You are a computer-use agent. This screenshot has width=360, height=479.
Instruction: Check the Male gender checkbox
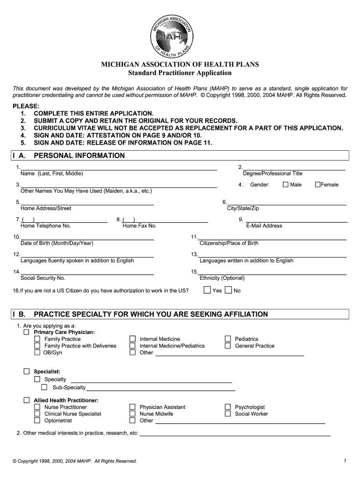click(x=286, y=185)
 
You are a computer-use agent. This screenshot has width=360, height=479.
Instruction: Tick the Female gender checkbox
click(x=317, y=185)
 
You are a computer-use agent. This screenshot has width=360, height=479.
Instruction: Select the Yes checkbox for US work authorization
click(x=207, y=290)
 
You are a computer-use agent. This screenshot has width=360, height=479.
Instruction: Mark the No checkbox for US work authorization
click(x=228, y=290)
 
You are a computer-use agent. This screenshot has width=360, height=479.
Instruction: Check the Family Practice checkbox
click(x=37, y=339)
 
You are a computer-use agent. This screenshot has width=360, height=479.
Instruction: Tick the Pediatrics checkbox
click(x=228, y=339)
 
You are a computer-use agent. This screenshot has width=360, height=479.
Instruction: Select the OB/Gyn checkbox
click(x=37, y=353)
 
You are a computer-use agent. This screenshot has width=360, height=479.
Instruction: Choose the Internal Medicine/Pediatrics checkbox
click(x=132, y=346)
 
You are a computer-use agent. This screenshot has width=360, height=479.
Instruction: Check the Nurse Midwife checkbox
click(x=132, y=414)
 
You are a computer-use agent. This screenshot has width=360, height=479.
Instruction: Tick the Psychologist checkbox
click(x=228, y=407)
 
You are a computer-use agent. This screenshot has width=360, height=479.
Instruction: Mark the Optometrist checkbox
click(x=37, y=421)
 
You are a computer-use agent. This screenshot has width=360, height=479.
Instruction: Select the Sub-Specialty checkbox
click(x=44, y=387)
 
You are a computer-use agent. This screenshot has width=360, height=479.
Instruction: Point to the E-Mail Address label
click(x=264, y=225)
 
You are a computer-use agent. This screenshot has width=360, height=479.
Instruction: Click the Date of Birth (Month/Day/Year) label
click(x=57, y=243)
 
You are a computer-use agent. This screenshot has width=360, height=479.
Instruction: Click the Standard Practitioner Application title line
click(x=180, y=73)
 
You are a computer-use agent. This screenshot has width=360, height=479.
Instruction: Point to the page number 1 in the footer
click(x=345, y=461)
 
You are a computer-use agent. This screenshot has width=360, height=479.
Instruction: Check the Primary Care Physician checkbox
click(x=27, y=332)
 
